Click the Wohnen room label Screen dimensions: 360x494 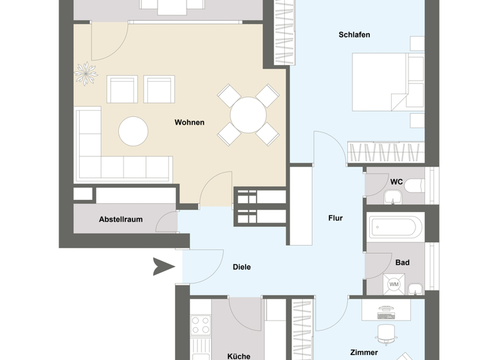pyautogui.click(x=189, y=122)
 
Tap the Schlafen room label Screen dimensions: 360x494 pyautogui.click(x=354, y=35)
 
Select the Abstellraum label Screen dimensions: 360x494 pyautogui.click(x=120, y=219)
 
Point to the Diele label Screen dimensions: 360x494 pyautogui.click(x=241, y=267)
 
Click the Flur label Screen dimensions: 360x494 pyautogui.click(x=335, y=218)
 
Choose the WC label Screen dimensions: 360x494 pyautogui.click(x=396, y=182)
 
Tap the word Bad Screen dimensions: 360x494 pyautogui.click(x=402, y=262)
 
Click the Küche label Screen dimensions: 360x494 pyautogui.click(x=239, y=355)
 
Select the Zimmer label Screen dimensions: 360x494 pyautogui.click(x=363, y=352)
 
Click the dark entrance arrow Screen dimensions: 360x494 pyautogui.click(x=163, y=266)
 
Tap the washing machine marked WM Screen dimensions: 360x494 pyautogui.click(x=394, y=284)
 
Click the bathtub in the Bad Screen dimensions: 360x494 pyautogui.click(x=396, y=226)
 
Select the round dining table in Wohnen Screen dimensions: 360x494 pyautogui.click(x=248, y=115)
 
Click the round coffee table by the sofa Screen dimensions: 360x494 pyautogui.click(x=133, y=130)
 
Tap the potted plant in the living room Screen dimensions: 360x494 pyautogui.click(x=85, y=73)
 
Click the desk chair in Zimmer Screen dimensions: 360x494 pyautogui.click(x=385, y=333)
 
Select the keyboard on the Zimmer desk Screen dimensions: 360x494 pyautogui.click(x=387, y=315)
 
